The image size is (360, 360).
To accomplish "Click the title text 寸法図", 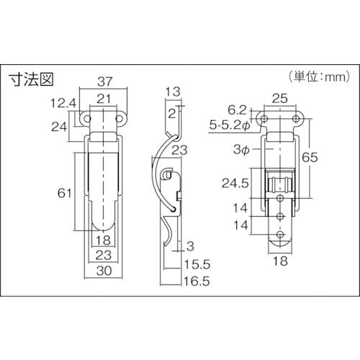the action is tap(31, 79).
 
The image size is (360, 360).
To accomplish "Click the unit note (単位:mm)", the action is tap(320, 77).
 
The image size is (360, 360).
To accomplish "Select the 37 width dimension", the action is tap(105, 81).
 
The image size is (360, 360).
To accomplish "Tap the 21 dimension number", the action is tap(104, 99).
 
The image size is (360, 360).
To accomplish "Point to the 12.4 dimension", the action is tap(63, 103).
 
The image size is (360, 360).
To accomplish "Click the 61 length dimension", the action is tap(64, 193).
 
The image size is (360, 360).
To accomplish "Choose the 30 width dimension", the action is tap(104, 271).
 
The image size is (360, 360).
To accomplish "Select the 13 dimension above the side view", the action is tap(173, 91).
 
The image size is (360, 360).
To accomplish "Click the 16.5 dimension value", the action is tap(197, 281).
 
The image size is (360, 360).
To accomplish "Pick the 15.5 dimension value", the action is tap(197, 264).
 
